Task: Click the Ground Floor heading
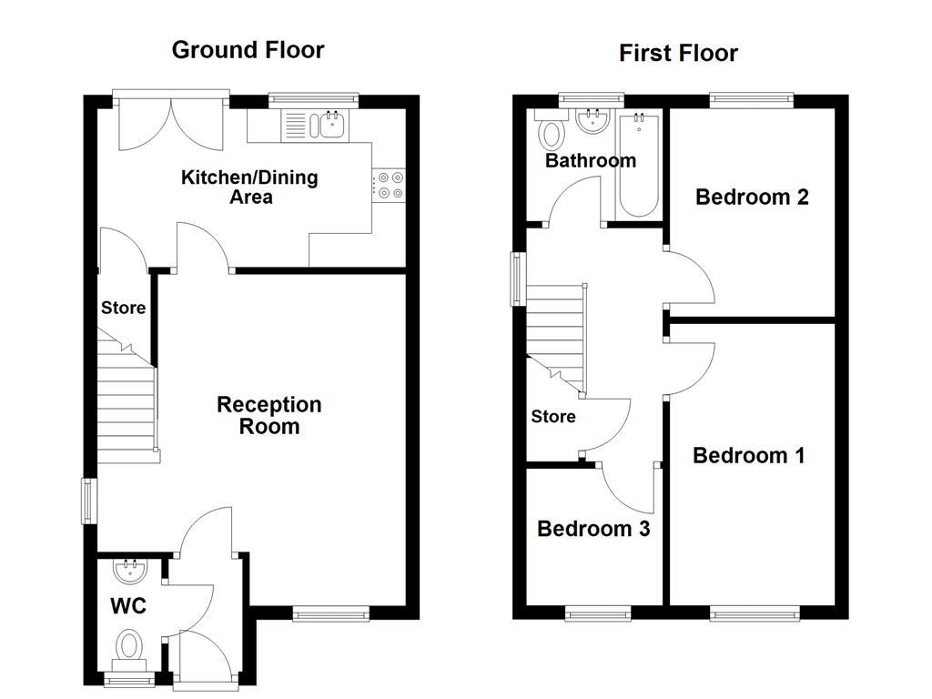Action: tap(248, 49)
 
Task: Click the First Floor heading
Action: tap(678, 53)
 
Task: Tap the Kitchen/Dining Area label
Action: tap(249, 187)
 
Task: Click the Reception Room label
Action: tap(268, 414)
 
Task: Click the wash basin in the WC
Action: tap(128, 572)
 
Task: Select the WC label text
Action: tap(128, 606)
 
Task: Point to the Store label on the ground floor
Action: tap(123, 308)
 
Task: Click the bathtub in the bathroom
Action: tap(639, 166)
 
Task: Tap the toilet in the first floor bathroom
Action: tap(550, 133)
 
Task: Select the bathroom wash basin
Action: tap(593, 120)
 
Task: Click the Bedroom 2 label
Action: tap(752, 197)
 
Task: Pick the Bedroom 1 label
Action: tap(748, 455)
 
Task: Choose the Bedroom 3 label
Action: tap(593, 529)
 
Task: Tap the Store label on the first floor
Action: tap(553, 417)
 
